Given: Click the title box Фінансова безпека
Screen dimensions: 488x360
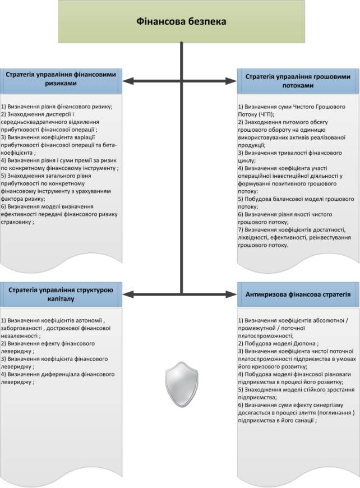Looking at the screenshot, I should (181, 21).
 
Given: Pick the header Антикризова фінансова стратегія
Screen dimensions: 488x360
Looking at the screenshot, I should (298, 294).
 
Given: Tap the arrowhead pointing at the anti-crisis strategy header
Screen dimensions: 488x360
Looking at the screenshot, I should (234, 293).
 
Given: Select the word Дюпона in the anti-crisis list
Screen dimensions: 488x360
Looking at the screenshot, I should (303, 343).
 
